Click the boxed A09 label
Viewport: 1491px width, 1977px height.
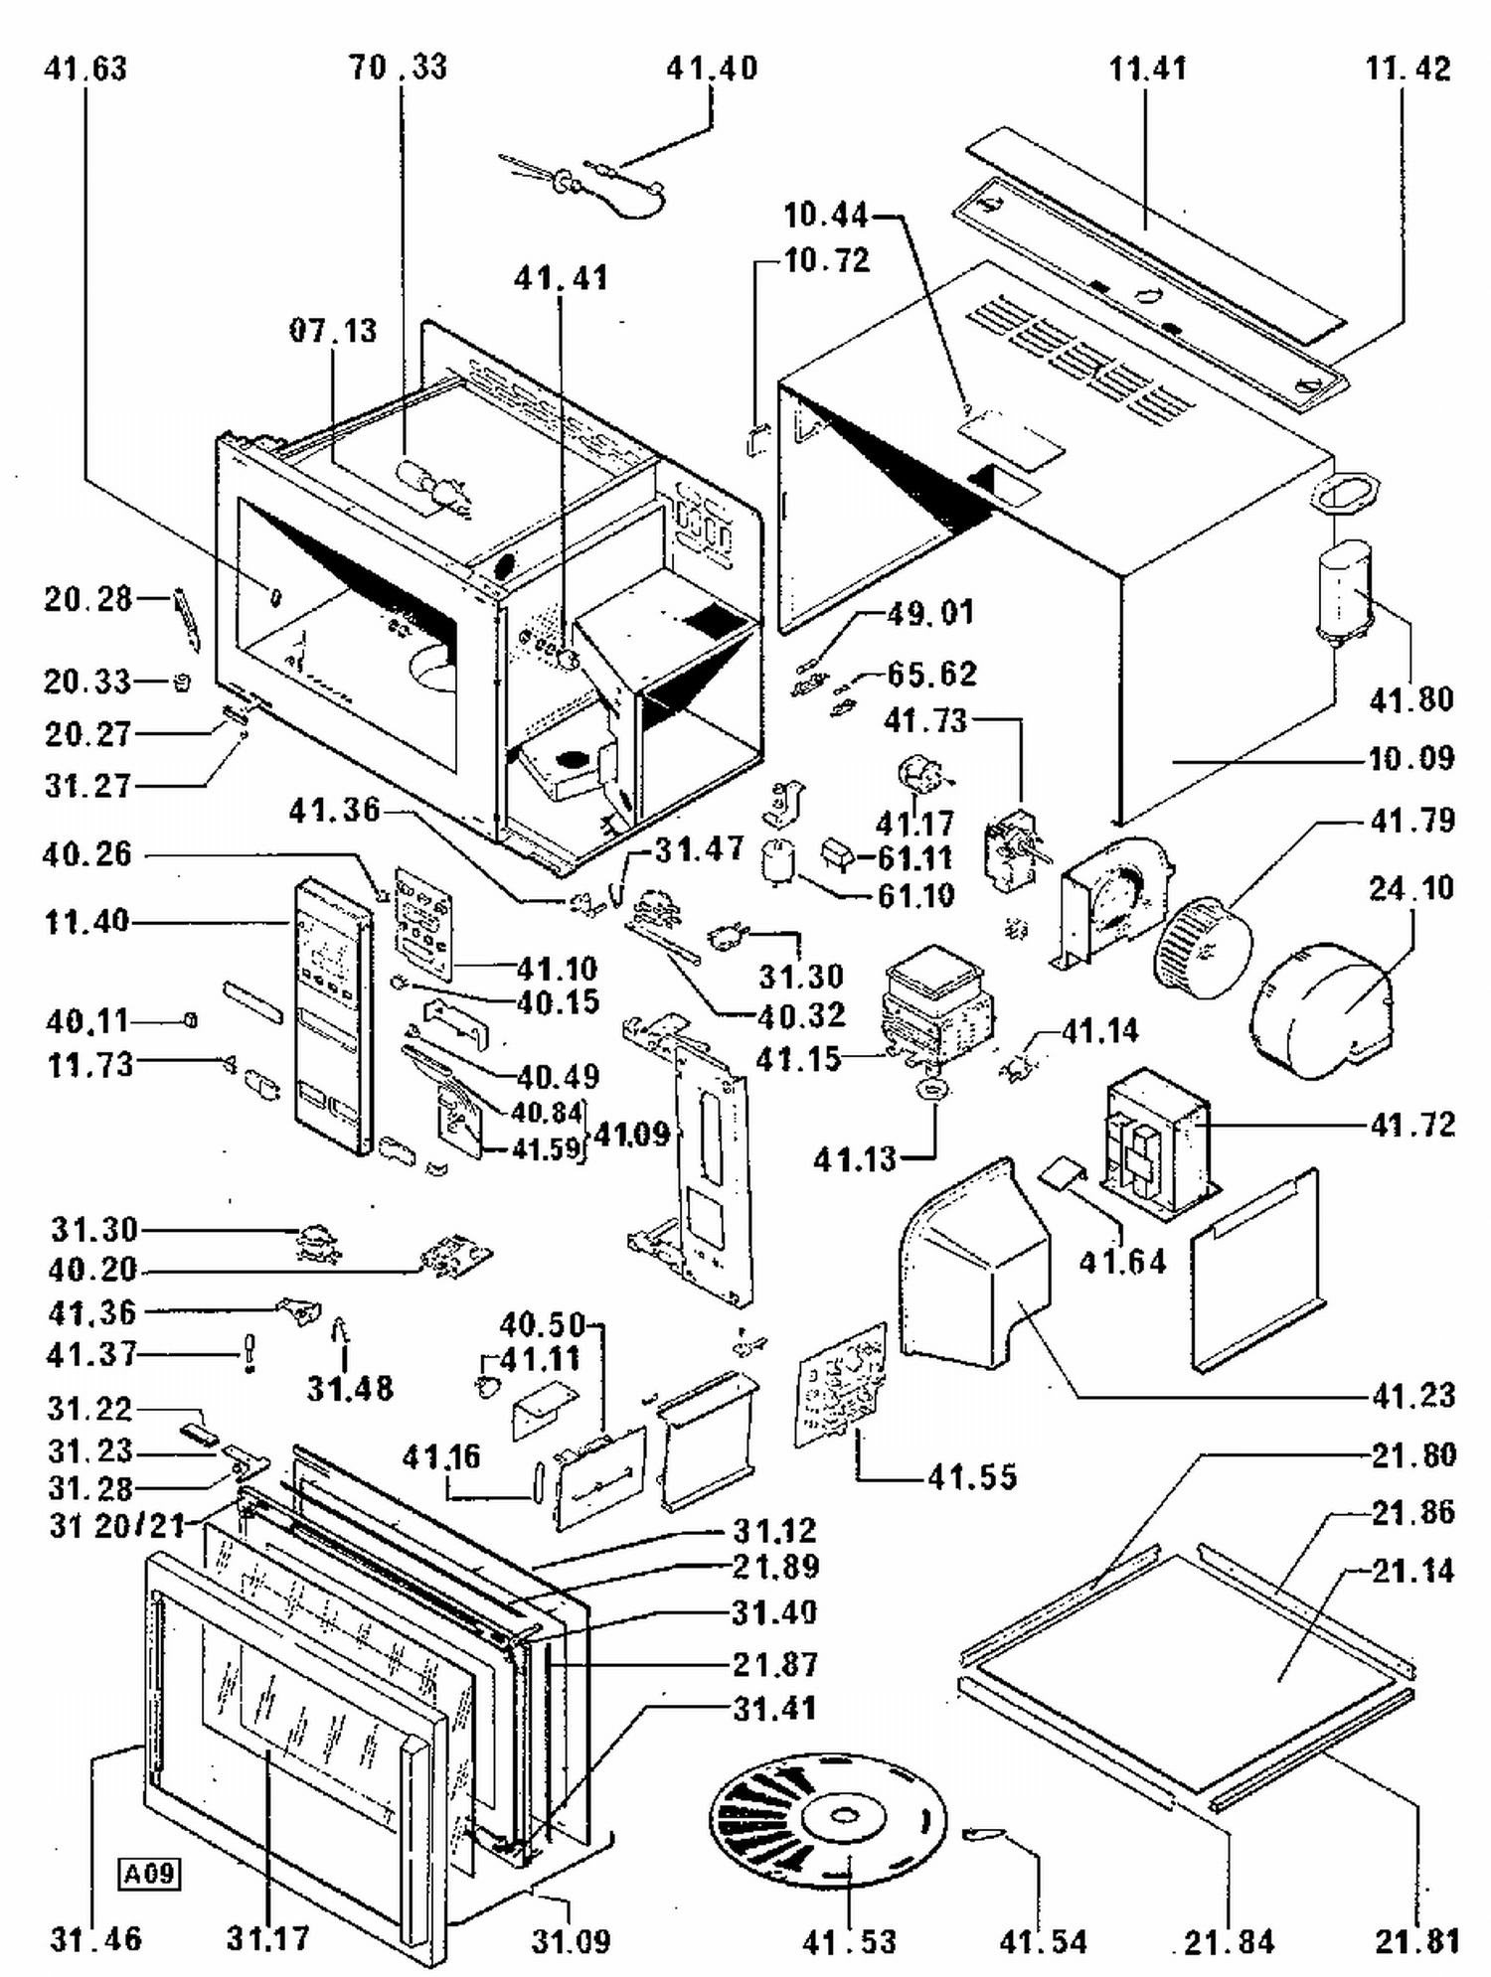(150, 1874)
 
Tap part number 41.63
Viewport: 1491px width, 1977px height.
(85, 69)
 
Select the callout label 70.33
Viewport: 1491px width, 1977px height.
(398, 68)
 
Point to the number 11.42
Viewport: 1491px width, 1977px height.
(1408, 69)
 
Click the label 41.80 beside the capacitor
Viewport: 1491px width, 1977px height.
(1411, 699)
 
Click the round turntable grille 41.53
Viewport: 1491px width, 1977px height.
(827, 1818)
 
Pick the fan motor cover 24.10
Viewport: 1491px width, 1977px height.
(1322, 1008)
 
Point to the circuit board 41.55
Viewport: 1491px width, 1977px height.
(841, 1382)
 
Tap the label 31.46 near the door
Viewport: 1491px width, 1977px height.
(96, 1938)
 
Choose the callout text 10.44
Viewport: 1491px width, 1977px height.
(825, 215)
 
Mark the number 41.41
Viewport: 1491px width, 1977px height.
(561, 278)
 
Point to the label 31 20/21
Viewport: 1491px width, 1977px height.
(117, 1525)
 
